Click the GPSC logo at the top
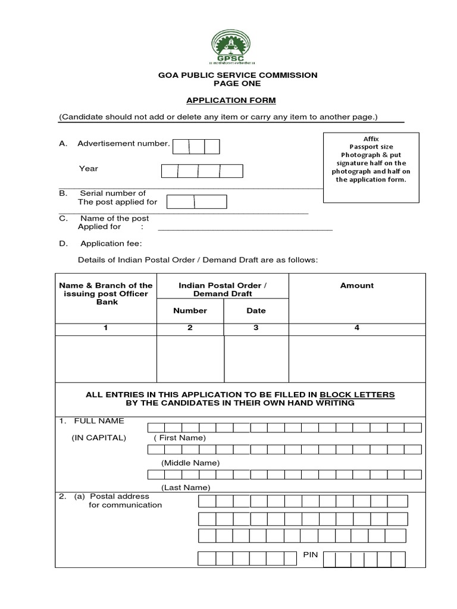[229, 47]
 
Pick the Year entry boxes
[202, 171]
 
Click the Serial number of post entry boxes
[196, 202]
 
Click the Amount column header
[357, 285]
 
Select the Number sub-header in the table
[190, 310]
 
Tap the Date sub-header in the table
[256, 310]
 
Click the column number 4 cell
[357, 328]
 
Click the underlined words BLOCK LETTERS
[357, 394]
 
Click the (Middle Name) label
[190, 462]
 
